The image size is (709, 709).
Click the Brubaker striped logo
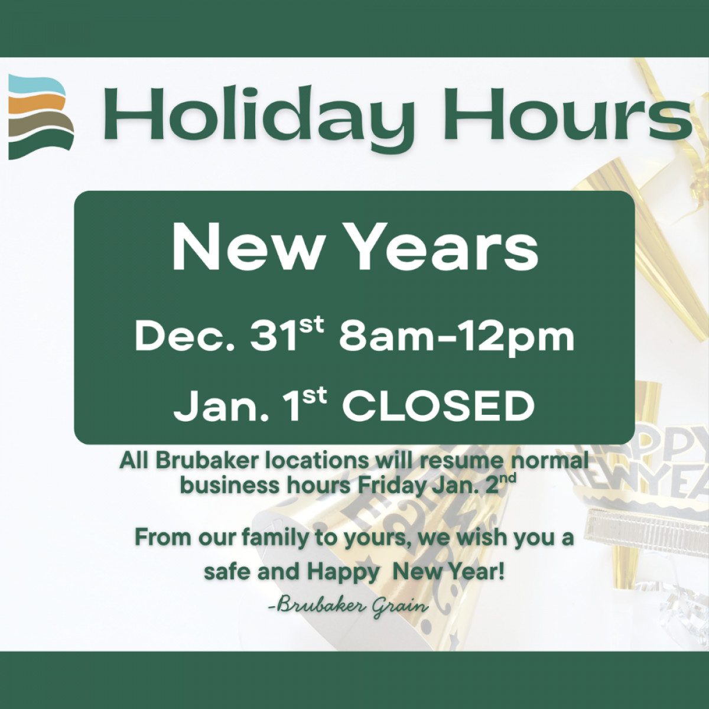[x=41, y=117]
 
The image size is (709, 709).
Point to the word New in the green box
[x=246, y=249]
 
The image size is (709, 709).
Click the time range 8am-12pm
[x=456, y=337]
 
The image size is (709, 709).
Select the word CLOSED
[x=438, y=407]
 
